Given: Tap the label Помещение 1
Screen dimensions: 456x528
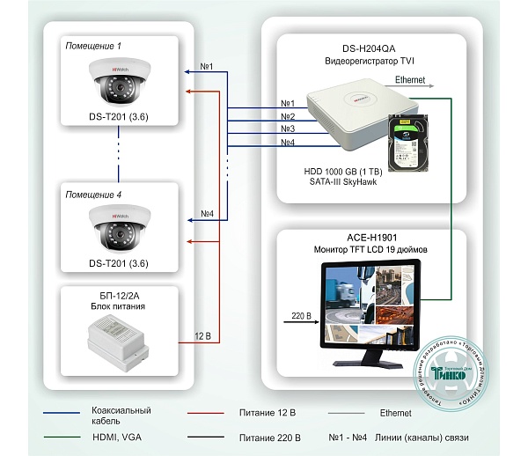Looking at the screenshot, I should coord(94,45).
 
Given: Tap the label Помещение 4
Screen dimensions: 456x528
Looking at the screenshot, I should coord(94,194).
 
